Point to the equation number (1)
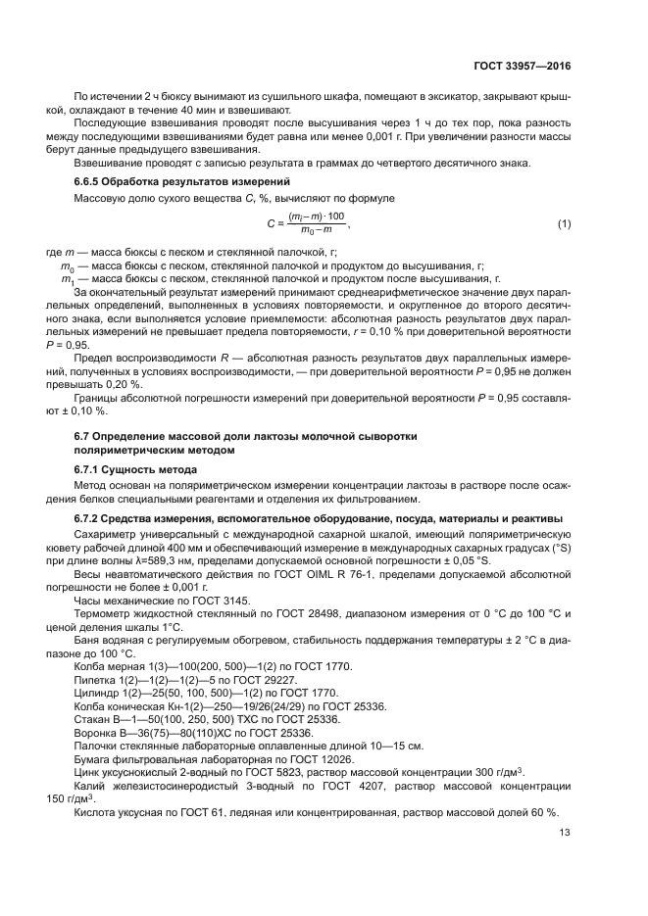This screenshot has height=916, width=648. pos(564,224)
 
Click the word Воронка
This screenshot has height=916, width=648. pos(96,732)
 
